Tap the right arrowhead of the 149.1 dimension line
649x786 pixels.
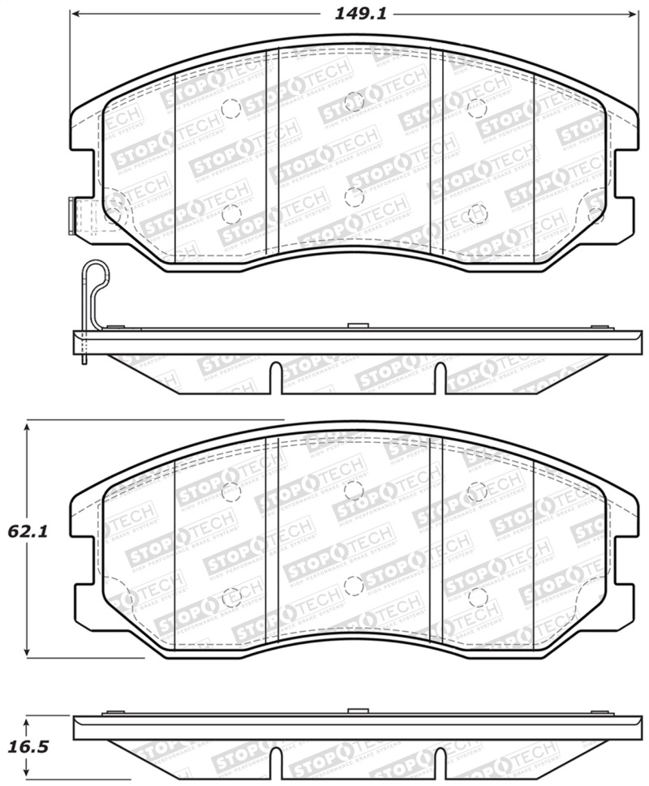634,14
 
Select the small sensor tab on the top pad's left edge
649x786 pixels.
71,215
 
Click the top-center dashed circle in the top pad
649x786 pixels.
353,101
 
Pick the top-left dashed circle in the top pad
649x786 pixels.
230,108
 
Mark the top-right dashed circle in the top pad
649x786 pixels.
477,108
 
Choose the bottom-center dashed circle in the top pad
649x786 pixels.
353,196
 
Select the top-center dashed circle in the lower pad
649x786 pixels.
353,489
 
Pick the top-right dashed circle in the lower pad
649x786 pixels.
477,491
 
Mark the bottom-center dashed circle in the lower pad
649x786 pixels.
353,584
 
